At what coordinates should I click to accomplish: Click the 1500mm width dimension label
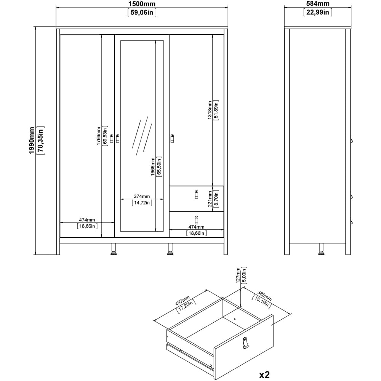click(141, 4)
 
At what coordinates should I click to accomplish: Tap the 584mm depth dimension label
click(318, 4)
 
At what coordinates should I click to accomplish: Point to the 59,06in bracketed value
click(141, 13)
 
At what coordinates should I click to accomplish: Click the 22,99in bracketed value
click(318, 13)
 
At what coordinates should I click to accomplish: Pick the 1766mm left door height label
click(99, 136)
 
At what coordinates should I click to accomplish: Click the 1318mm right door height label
click(210, 110)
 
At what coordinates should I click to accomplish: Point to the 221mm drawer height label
click(210, 199)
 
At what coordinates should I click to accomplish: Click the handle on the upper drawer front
click(197, 194)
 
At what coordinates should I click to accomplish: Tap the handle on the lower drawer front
click(197, 220)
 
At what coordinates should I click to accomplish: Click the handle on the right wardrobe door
click(172, 138)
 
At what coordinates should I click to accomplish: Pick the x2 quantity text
click(264, 364)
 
